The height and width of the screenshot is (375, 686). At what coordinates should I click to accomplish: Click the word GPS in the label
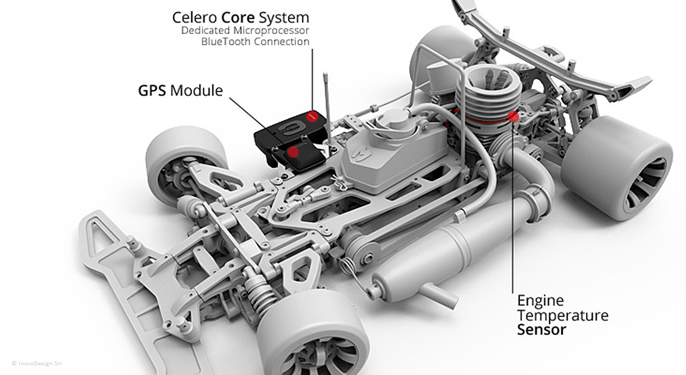pyautogui.click(x=152, y=91)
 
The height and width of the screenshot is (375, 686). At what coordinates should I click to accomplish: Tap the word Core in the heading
pyautogui.click(x=238, y=17)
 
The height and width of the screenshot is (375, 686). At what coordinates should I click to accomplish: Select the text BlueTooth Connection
pyautogui.click(x=256, y=41)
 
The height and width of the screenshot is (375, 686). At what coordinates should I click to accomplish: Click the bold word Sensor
pyautogui.click(x=541, y=329)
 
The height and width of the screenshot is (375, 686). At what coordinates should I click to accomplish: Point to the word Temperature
pyautogui.click(x=563, y=315)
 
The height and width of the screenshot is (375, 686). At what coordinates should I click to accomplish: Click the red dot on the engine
pyautogui.click(x=513, y=116)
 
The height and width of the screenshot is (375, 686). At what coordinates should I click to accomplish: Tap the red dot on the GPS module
pyautogui.click(x=293, y=152)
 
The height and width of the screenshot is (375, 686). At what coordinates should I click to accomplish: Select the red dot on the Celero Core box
pyautogui.click(x=313, y=115)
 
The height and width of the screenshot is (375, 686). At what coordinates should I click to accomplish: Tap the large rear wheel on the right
pyautogui.click(x=616, y=166)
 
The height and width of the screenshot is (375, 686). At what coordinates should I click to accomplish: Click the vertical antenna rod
pyautogui.click(x=326, y=102)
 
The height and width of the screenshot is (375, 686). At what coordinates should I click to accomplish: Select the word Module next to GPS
pyautogui.click(x=196, y=91)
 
